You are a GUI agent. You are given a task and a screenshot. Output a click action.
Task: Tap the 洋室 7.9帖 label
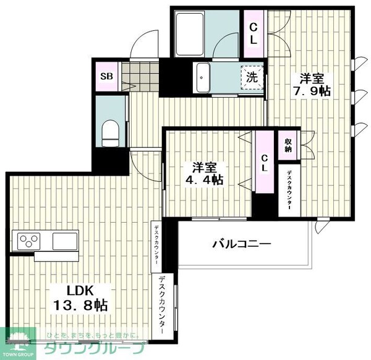(x=314, y=85)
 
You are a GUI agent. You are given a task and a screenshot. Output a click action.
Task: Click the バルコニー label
(x=242, y=244)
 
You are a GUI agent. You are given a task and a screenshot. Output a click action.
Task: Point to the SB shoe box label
(x=106, y=78)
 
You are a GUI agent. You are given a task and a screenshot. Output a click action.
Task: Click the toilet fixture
(x=111, y=131)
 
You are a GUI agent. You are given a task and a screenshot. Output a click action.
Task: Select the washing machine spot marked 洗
(x=252, y=79)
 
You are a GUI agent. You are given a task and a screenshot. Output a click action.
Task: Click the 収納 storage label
(x=288, y=147)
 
